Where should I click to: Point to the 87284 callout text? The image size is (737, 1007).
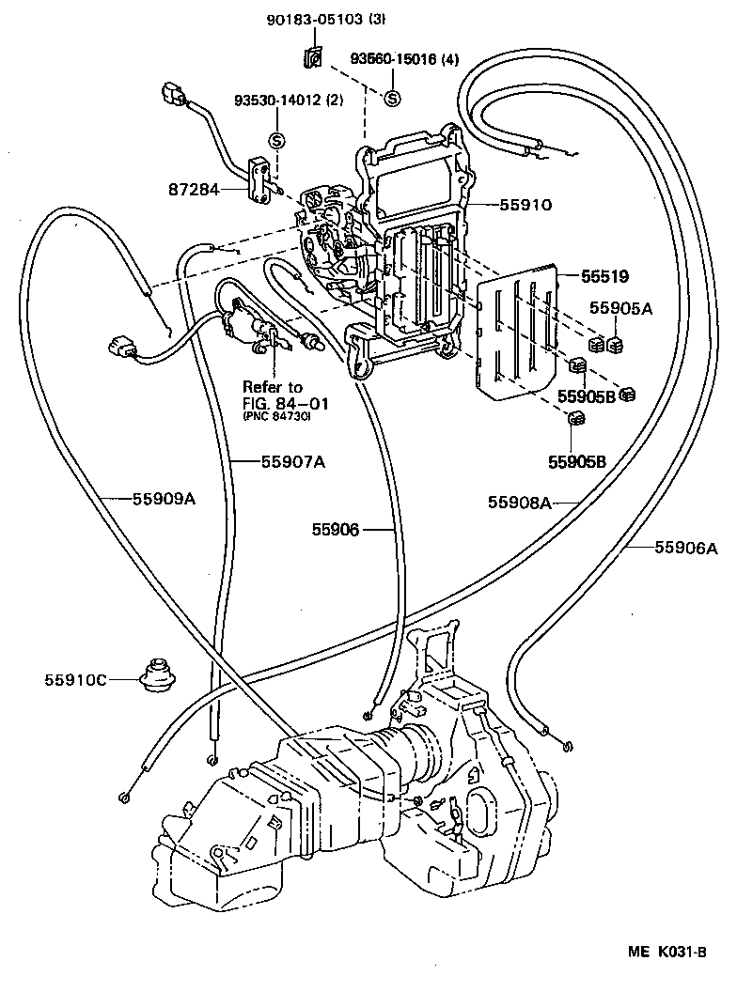195,189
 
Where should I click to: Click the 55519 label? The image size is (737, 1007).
604,276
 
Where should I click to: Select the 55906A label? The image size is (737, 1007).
673,547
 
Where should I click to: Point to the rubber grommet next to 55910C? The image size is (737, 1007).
155,675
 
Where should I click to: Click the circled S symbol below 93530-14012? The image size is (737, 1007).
277,140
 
